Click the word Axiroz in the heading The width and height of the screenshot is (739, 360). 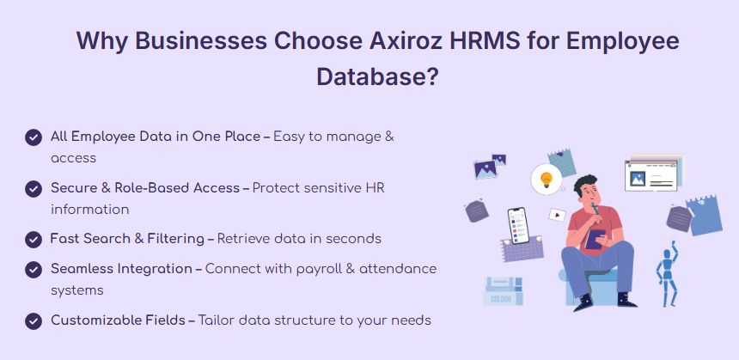(x=406, y=40)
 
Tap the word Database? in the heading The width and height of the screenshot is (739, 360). (x=377, y=76)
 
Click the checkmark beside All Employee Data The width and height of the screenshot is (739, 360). (x=34, y=137)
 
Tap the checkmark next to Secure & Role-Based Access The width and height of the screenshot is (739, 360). (x=34, y=189)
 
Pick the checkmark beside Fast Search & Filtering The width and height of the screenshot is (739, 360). (x=34, y=240)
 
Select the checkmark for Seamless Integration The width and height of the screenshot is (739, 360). (x=34, y=270)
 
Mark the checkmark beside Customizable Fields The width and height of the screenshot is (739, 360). (x=34, y=321)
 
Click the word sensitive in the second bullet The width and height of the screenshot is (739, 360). (x=333, y=188)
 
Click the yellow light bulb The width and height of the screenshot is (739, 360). (x=547, y=179)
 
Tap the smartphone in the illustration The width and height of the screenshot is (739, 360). (x=518, y=225)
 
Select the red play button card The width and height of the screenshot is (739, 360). (x=557, y=216)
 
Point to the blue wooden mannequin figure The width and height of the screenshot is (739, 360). (x=667, y=274)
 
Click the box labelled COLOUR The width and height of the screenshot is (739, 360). (x=503, y=291)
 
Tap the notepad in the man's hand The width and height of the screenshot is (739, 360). (x=595, y=240)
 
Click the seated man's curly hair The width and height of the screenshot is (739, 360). (x=585, y=183)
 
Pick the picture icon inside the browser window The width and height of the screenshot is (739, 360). (x=638, y=178)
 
